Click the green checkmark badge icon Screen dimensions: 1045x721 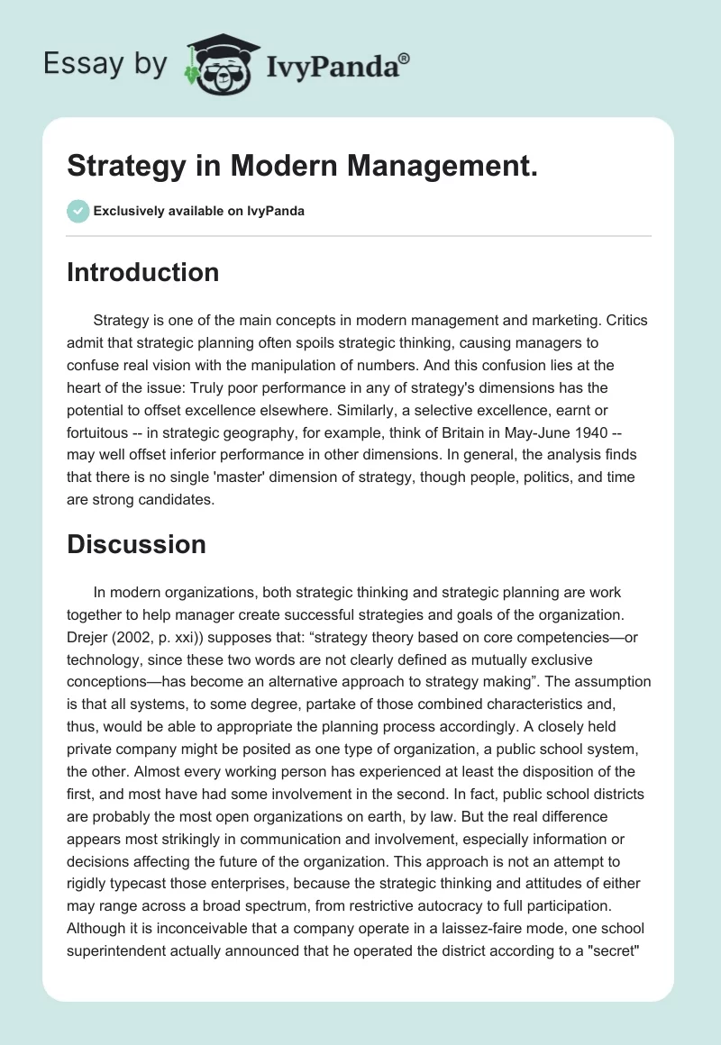coord(78,211)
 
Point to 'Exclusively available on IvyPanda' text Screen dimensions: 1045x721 coord(199,212)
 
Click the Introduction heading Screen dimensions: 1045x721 coord(142,272)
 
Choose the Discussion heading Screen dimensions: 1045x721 coord(136,543)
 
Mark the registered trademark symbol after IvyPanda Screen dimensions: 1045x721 coord(406,57)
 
